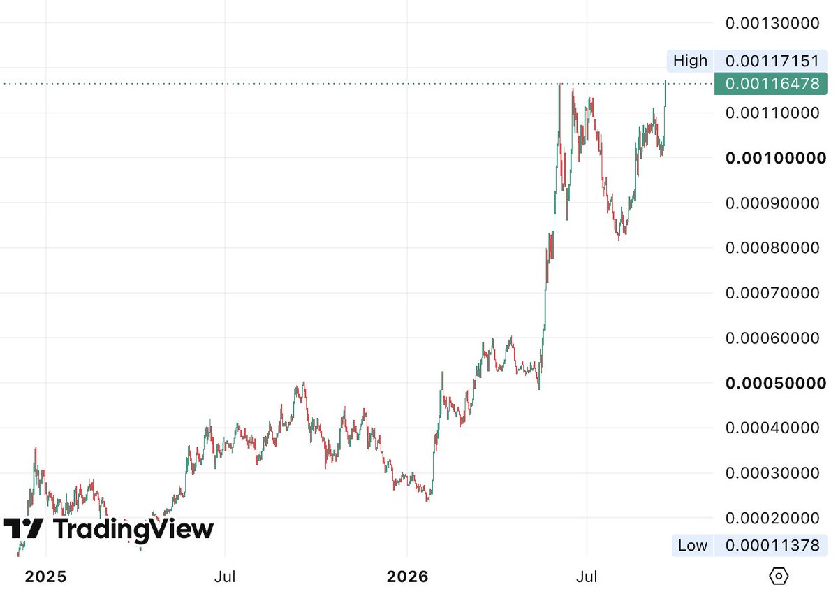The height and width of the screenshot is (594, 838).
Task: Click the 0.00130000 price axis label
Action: [x=772, y=23]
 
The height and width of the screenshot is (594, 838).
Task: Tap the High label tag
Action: [x=690, y=60]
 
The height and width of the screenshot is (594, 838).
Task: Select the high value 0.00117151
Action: [x=772, y=61]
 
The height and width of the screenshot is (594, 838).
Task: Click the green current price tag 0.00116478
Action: [x=771, y=83]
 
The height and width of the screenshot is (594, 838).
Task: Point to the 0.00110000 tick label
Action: [x=772, y=113]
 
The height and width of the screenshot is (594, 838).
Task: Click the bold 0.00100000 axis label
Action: [x=776, y=158]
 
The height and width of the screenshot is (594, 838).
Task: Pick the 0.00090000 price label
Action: [x=772, y=203]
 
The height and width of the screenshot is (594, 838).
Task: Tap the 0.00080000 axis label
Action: [x=772, y=248]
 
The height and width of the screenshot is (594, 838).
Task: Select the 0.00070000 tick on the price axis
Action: [x=772, y=293]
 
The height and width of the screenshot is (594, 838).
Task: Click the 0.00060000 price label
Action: [x=772, y=338]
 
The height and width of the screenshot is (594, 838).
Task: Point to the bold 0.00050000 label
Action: [x=776, y=383]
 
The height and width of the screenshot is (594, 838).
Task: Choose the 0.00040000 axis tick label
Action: [x=772, y=428]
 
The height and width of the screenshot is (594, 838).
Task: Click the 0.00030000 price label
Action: [x=772, y=472]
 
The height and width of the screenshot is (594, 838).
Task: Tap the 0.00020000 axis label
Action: [x=772, y=518]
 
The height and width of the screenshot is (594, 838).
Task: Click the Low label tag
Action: [x=693, y=545]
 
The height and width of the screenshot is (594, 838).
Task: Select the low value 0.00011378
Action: [x=772, y=545]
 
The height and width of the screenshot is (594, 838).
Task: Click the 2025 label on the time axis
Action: [x=45, y=577]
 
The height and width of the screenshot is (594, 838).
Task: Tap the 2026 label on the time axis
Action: [x=407, y=577]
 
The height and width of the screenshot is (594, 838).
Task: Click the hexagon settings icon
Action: [x=779, y=576]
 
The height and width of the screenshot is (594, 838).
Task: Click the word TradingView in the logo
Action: [x=133, y=529]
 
